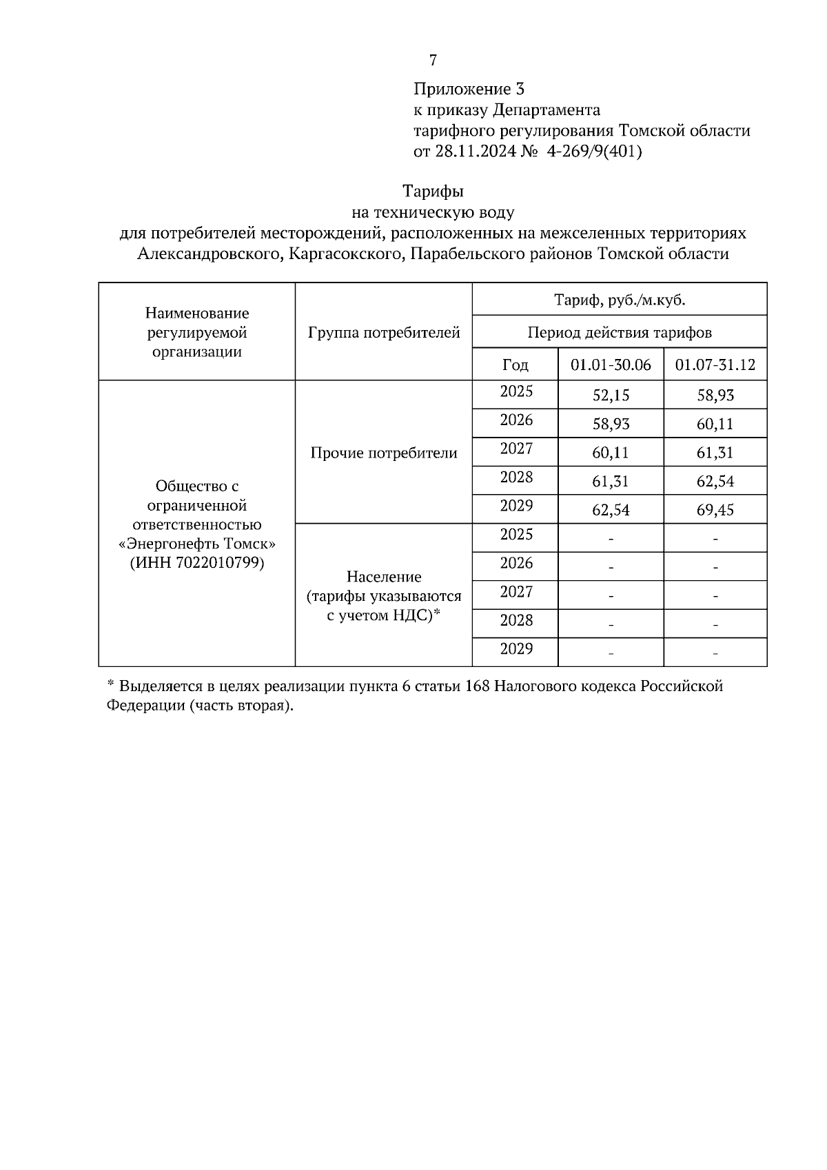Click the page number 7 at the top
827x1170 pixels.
[433, 61]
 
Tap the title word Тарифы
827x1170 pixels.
[433, 191]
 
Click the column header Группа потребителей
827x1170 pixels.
[384, 333]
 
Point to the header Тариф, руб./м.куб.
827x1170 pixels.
[619, 300]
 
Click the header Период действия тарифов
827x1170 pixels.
[619, 333]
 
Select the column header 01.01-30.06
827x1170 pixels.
[611, 365]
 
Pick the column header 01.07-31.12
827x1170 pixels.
[715, 365]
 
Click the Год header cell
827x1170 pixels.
[515, 365]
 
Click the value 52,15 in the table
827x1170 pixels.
[611, 396]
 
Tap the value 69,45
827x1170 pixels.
[715, 511]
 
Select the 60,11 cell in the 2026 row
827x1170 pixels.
[715, 424]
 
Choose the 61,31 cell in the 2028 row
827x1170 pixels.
[611, 482]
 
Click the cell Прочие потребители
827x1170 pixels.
[384, 453]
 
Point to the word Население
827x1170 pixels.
[384, 576]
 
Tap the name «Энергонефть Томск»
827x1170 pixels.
[197, 544]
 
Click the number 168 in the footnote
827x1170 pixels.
[477, 686]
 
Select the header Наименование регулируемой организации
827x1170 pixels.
[197, 332]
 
